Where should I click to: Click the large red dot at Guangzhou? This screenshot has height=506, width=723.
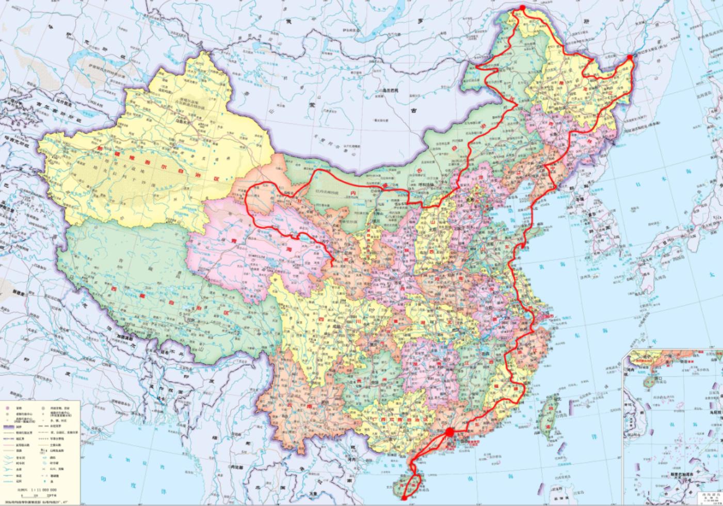click(x=449, y=432)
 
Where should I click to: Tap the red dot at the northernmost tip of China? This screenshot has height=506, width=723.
click(x=522, y=8)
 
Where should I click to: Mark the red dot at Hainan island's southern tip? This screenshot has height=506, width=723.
click(x=404, y=498)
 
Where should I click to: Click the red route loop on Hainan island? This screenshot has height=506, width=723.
click(x=411, y=483)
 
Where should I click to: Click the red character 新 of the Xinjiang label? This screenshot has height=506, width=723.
click(x=100, y=147)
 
